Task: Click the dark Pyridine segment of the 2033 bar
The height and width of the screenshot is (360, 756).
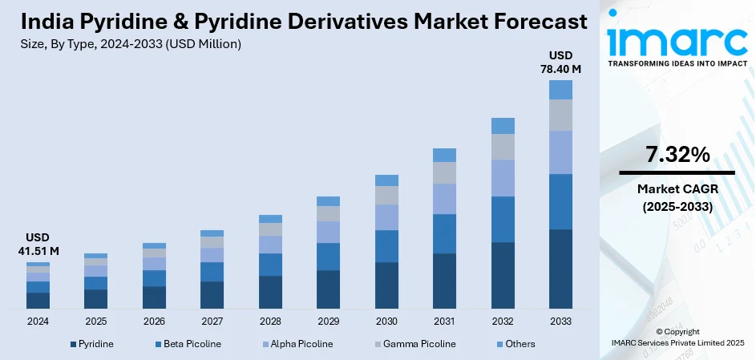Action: tap(560, 269)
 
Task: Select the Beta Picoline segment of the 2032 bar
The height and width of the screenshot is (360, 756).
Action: tap(503, 219)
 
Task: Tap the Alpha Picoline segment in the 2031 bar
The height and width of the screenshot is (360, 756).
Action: tap(444, 199)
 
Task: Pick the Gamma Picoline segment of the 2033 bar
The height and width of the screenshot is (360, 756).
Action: tap(560, 115)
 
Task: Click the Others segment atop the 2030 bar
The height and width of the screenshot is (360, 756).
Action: tap(386, 180)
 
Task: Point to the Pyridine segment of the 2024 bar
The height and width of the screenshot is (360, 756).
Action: tap(38, 301)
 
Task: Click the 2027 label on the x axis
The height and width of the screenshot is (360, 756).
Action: tap(212, 321)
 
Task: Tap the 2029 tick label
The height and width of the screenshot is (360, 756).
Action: tap(328, 321)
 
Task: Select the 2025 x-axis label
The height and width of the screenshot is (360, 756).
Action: tap(95, 321)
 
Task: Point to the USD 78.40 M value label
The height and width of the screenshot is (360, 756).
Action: tap(560, 62)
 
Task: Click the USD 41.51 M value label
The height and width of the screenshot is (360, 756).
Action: tap(38, 244)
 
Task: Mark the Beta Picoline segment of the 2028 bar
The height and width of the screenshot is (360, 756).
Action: tap(270, 265)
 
